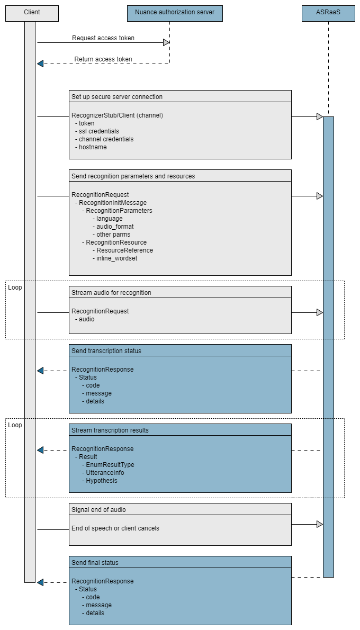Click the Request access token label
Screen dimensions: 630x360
click(x=103, y=38)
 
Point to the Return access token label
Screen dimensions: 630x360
click(x=103, y=59)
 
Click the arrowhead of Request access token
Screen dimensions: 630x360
click(x=166, y=43)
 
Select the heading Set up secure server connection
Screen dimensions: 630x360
click(x=117, y=97)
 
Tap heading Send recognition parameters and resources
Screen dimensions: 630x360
click(x=133, y=176)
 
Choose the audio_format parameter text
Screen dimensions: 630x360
click(x=115, y=227)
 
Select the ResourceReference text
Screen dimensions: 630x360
click(x=124, y=250)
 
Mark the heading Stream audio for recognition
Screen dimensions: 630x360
click(x=111, y=293)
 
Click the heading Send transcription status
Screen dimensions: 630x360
click(x=106, y=351)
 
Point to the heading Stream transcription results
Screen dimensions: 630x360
click(x=110, y=430)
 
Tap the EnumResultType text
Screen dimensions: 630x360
click(x=110, y=465)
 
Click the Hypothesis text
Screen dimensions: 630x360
click(x=102, y=481)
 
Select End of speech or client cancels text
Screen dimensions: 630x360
click(x=115, y=528)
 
